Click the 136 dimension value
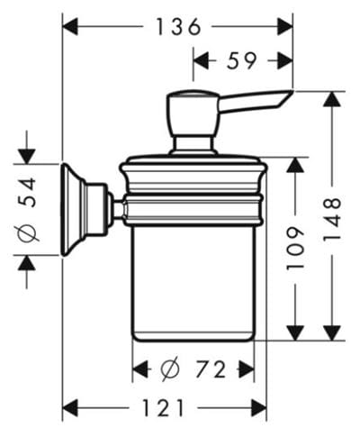click(178, 26)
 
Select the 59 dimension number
click(241, 60)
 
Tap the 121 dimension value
click(163, 407)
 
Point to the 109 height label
click(295, 249)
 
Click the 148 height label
click(332, 219)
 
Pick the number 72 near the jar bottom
click(211, 369)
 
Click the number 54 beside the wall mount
click(27, 192)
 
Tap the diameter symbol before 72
click(170, 369)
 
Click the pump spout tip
click(292, 91)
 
